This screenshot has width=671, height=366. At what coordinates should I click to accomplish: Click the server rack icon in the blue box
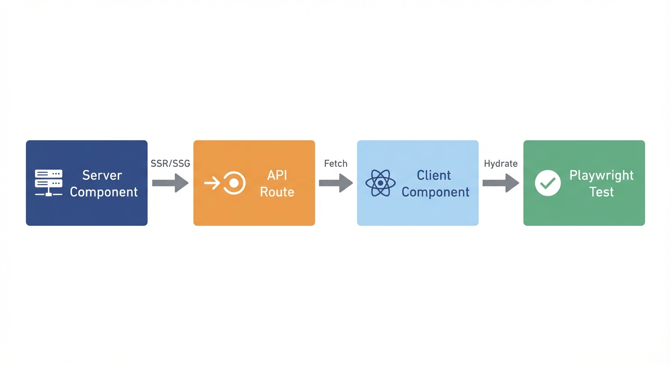point(48,183)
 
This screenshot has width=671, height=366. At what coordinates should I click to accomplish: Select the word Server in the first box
point(102,175)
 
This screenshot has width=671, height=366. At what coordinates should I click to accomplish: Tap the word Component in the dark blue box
point(103,192)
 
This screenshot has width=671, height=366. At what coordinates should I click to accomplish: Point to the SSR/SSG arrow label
point(170,163)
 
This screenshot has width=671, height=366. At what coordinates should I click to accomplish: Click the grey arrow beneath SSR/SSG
point(170,183)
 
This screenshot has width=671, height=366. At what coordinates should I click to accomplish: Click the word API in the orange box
point(277,175)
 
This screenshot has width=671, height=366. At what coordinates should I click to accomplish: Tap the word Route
point(277,192)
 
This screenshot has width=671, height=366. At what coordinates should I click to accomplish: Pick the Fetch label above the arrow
point(335,163)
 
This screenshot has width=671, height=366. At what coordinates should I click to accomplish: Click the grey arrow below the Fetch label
point(335,183)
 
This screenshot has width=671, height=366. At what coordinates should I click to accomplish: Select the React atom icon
point(380,183)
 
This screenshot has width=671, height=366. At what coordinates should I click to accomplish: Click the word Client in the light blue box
point(434,175)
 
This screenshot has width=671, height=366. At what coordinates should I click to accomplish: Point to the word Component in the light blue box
point(435,192)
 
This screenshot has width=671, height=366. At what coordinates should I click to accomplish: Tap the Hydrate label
point(500,163)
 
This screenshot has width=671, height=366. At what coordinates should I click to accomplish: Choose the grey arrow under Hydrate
point(500,183)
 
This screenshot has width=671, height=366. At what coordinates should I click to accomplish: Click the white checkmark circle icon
point(548,183)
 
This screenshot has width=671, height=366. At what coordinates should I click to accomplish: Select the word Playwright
point(601,175)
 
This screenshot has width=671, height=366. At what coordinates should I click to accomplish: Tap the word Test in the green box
point(601,192)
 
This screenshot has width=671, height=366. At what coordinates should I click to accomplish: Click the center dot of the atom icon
point(380,183)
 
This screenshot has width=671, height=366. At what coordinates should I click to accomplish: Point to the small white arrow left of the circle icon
point(212,183)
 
